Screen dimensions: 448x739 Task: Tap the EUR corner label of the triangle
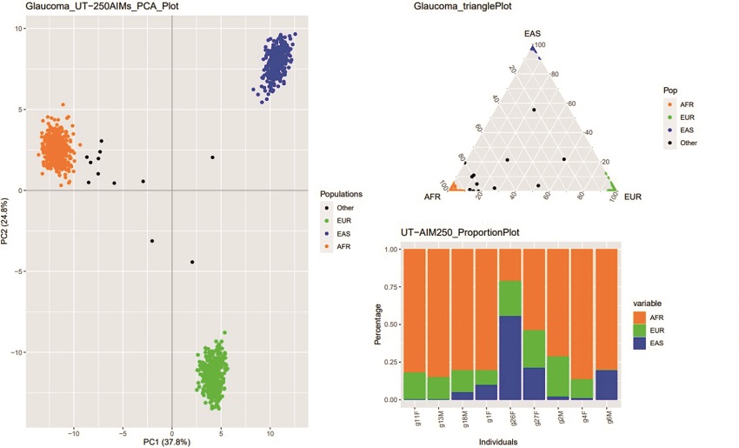(632, 197)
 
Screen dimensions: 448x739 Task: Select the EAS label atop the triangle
(532, 34)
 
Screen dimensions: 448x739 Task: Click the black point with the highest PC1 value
(212, 157)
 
